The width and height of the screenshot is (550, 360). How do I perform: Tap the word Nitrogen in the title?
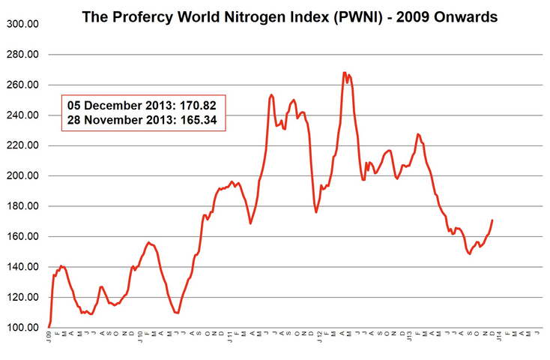coord(265,16)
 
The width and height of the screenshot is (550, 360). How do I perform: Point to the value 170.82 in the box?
coord(199,105)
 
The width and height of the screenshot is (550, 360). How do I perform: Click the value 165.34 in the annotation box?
coord(199,119)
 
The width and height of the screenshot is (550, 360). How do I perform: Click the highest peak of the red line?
coord(344,73)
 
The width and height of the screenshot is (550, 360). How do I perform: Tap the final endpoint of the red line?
coord(492,220)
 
